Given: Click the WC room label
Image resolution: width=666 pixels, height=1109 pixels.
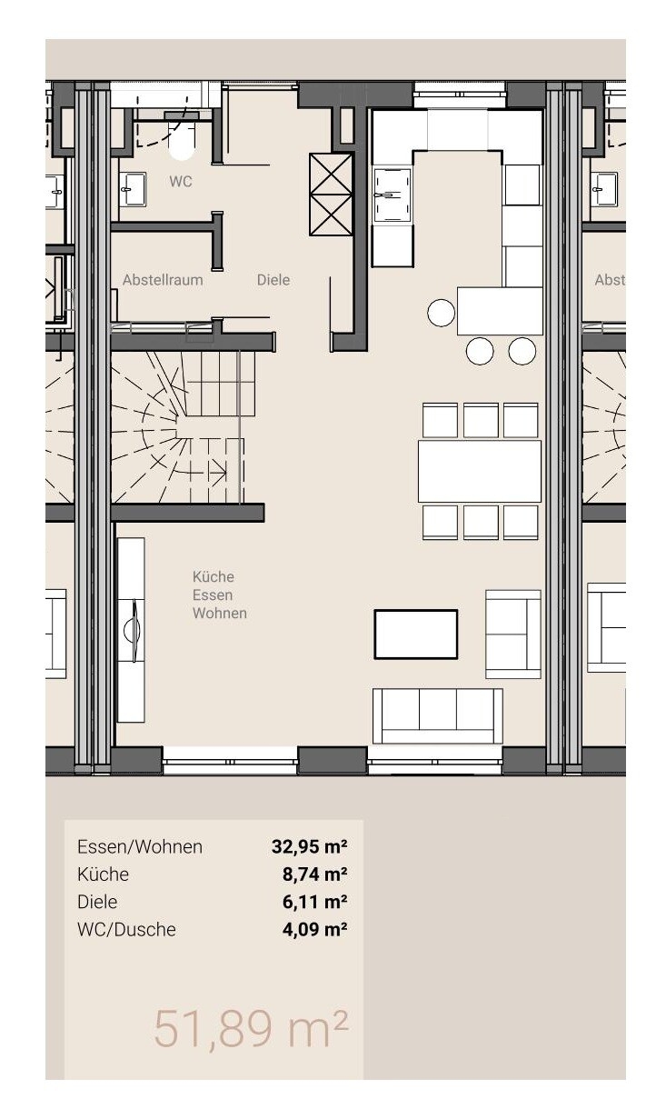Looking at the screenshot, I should (181, 182).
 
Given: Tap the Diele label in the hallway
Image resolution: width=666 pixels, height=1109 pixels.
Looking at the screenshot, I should (273, 280).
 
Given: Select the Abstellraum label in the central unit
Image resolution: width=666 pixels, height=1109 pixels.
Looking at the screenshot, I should (163, 280).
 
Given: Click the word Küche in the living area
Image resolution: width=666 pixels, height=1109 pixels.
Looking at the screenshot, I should (214, 576).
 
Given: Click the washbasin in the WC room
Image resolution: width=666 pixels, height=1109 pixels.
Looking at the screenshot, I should (133, 189).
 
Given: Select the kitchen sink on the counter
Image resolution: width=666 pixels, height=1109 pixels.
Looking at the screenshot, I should (393, 195).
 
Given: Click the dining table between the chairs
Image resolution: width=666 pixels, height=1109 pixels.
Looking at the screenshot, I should (479, 471).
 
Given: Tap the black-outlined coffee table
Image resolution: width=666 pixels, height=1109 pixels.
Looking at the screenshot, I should (416, 634).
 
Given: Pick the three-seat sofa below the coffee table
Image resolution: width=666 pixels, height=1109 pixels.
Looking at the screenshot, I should (437, 715).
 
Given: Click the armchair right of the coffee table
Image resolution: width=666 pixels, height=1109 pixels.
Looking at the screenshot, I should (513, 634).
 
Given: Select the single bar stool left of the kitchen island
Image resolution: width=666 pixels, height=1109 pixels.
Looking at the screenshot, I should (441, 313).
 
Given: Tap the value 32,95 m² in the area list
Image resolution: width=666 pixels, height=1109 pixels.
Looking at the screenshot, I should (310, 847).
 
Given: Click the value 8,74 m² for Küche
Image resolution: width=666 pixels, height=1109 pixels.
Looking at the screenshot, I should (315, 874).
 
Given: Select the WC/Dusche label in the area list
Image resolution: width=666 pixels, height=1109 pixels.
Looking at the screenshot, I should (126, 929).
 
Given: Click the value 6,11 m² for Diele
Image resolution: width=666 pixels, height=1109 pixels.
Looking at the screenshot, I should (315, 902).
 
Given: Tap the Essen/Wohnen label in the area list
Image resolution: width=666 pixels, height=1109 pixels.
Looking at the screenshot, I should (140, 847).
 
